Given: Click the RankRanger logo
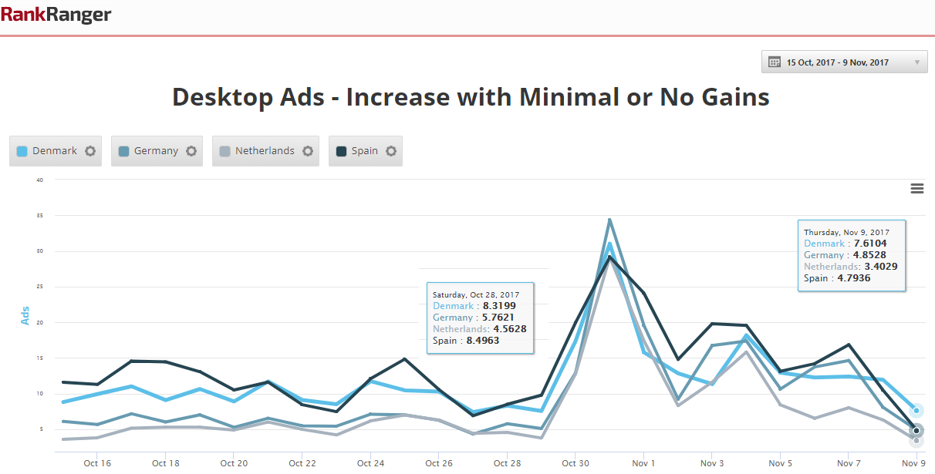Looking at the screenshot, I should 56,14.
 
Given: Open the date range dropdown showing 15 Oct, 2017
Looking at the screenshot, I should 844,62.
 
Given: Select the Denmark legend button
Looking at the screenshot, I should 47,151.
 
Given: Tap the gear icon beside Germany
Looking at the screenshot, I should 191,151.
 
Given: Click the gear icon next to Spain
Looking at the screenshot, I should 391,151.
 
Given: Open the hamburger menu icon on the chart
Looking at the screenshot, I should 917,189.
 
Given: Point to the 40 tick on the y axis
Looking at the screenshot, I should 39,180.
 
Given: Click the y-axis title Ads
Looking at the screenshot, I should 25,314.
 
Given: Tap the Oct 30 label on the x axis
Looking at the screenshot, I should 575,463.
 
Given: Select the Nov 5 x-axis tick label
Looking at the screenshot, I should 780,463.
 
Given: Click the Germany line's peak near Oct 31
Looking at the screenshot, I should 609,220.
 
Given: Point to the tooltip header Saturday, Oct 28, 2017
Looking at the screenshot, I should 476,294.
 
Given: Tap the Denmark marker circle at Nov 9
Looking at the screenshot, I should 916,410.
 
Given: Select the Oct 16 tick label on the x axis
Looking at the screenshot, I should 97,463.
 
